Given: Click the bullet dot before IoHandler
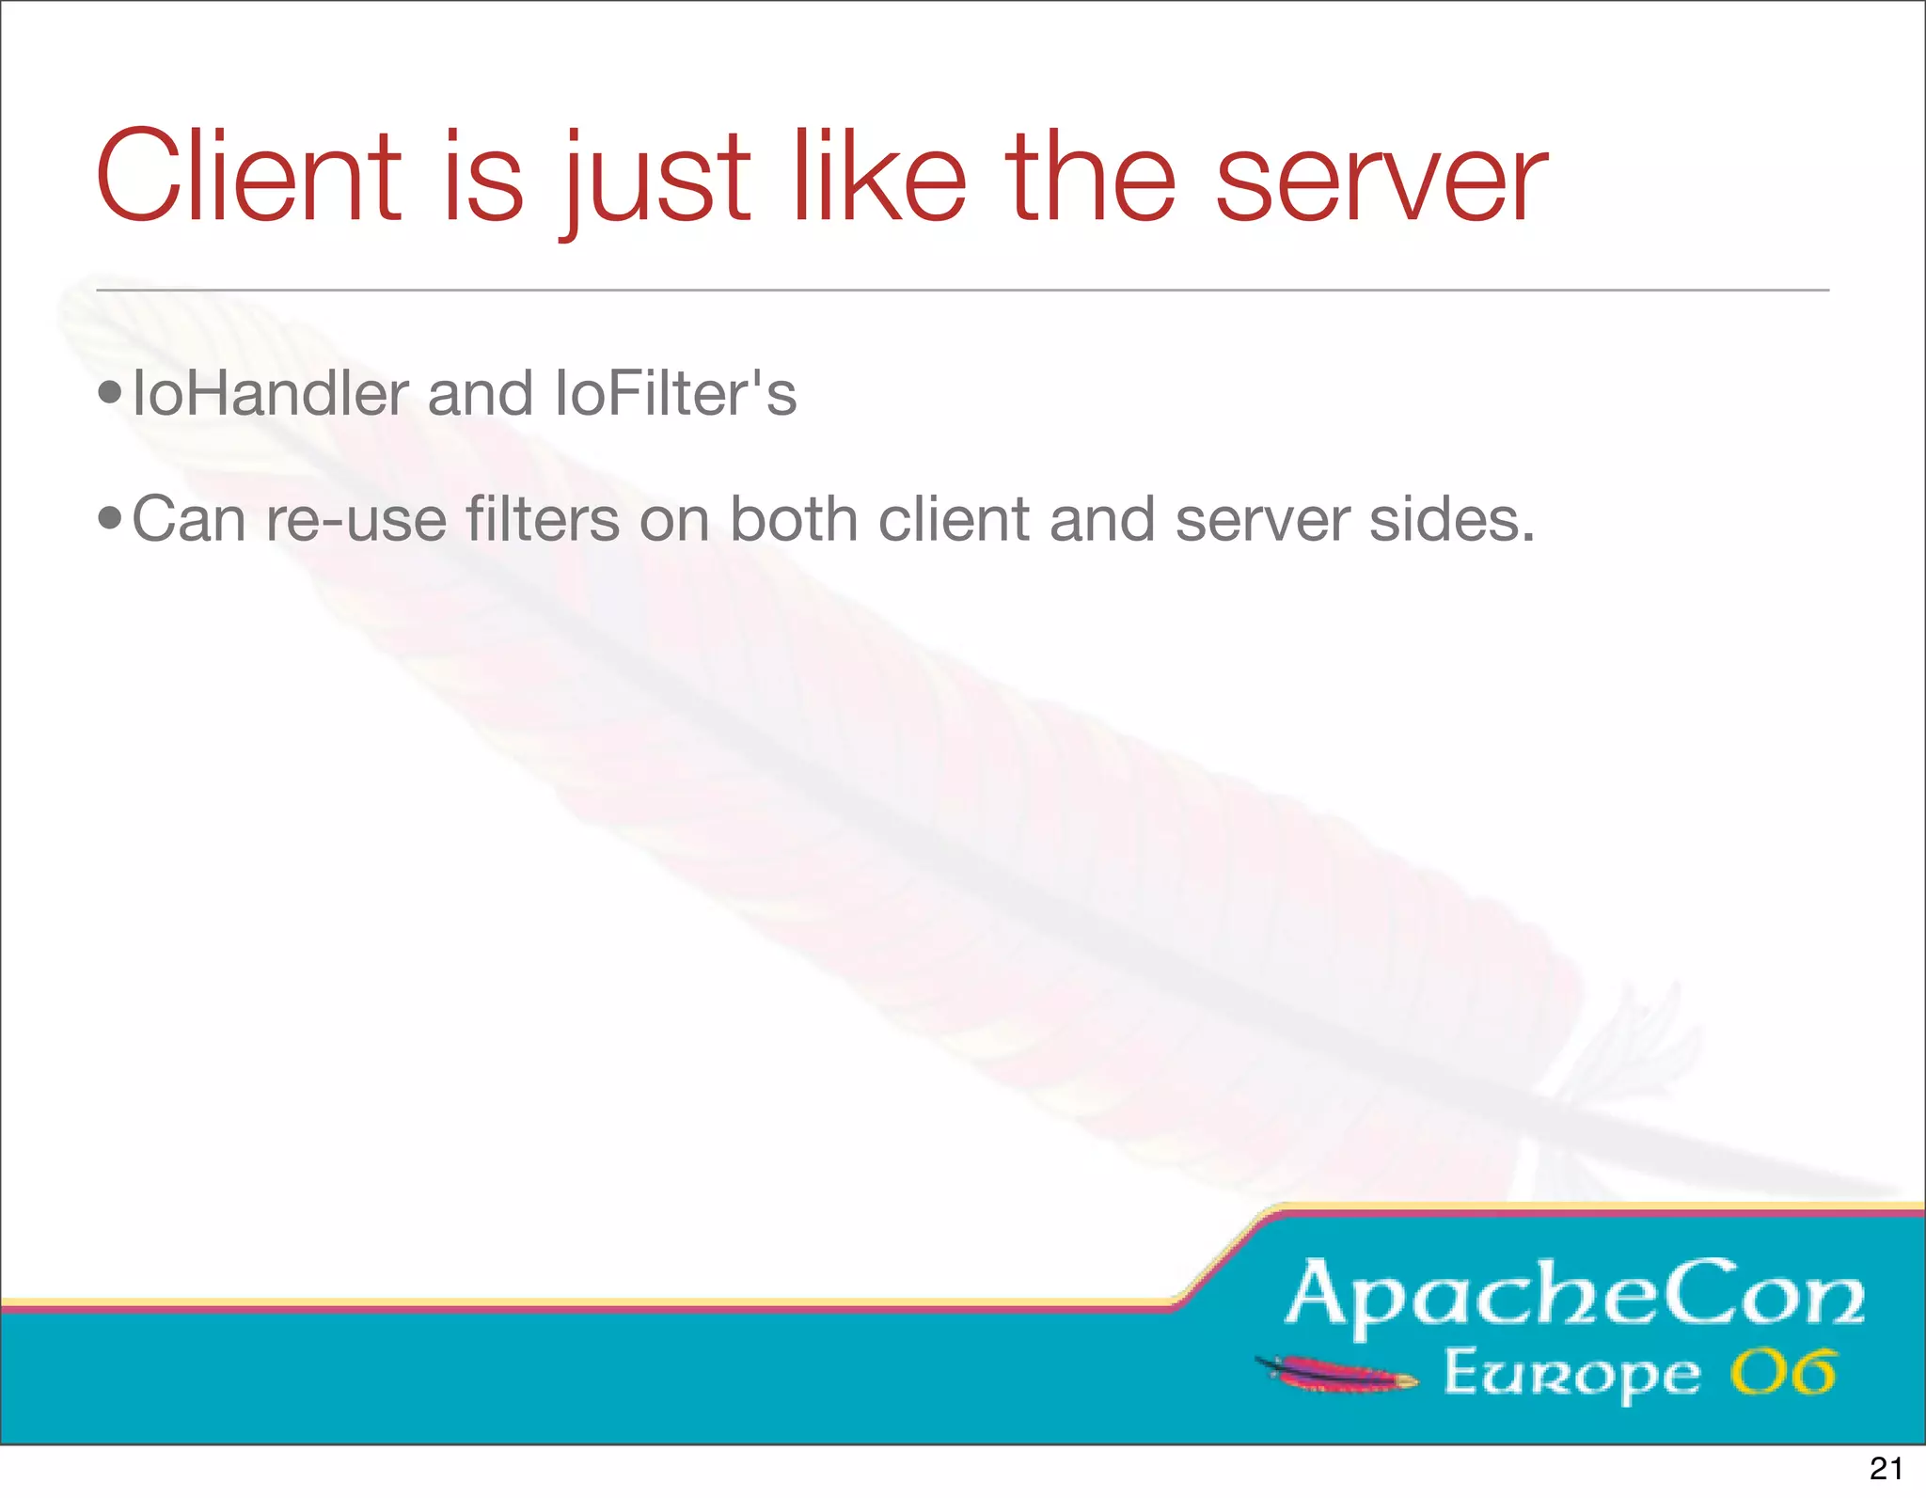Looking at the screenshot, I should (x=110, y=394).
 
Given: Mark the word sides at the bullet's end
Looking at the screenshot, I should (x=1450, y=519).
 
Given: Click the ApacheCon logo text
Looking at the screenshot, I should (x=1575, y=1296).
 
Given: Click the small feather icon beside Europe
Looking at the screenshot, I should (x=1335, y=1374).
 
